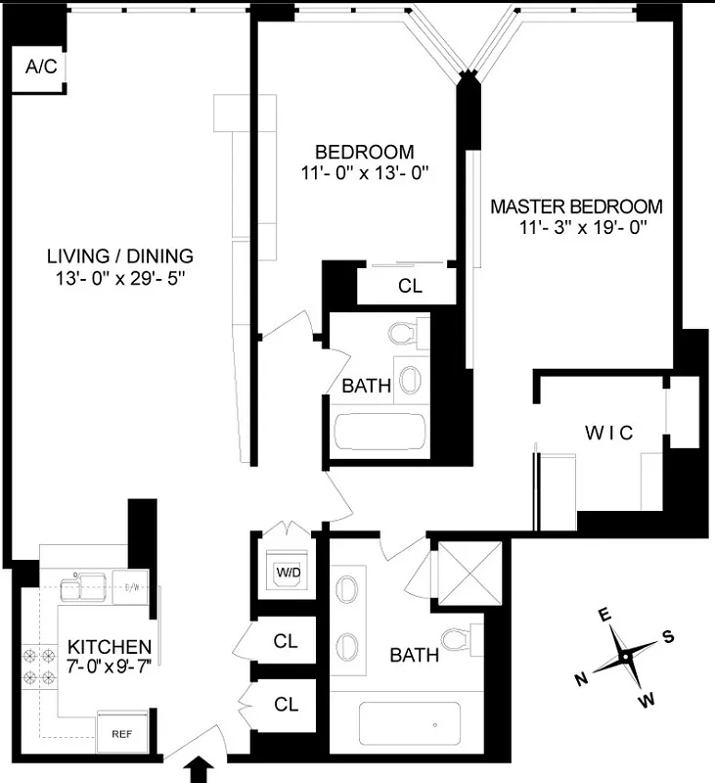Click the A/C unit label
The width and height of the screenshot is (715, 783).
39,68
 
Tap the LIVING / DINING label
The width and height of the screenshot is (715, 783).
120,256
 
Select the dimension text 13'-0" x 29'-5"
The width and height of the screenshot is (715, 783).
120,278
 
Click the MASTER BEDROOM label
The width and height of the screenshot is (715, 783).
576,207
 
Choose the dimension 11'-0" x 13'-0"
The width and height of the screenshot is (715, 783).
365,173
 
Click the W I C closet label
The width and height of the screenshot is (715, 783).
610,432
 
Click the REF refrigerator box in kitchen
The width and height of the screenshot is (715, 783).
121,732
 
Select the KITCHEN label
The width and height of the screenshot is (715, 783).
109,647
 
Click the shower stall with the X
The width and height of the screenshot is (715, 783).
466,574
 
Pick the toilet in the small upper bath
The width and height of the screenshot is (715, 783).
404,333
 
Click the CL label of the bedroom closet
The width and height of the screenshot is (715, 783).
410,288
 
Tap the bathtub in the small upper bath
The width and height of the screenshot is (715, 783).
380,432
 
